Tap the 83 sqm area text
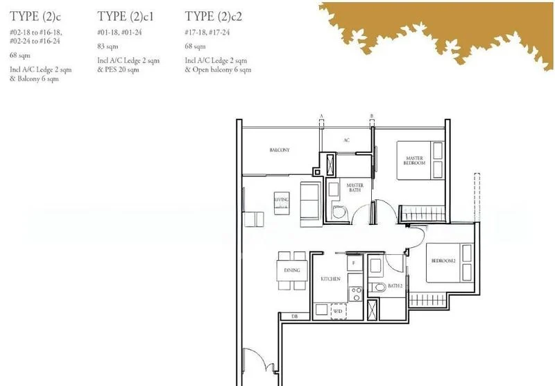[x=107, y=47]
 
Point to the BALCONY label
[x=279, y=150]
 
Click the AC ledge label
[x=347, y=140]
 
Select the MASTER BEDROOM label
[x=415, y=160]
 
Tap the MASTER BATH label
[x=355, y=188]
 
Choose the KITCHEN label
[x=330, y=278]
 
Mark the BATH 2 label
[x=396, y=286]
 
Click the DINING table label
[x=291, y=270]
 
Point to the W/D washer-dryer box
[x=338, y=310]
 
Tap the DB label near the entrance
[x=294, y=318]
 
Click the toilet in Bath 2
[x=380, y=287]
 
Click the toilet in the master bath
[x=338, y=212]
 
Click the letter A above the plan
[x=321, y=115]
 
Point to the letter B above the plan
[x=372, y=115]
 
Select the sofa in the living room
[x=309, y=202]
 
